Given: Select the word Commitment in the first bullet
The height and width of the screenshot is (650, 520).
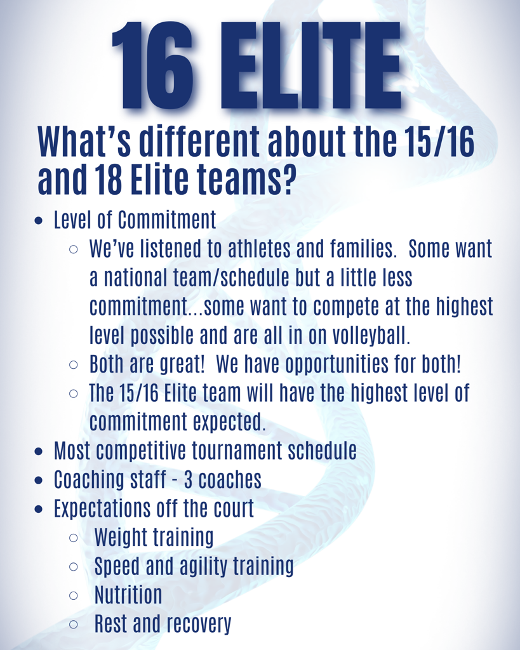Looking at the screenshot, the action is point(167,220).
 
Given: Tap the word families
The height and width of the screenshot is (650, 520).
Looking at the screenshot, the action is point(363,249).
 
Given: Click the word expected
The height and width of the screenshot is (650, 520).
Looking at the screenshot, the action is point(229,422).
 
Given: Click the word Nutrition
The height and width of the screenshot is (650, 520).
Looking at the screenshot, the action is point(128,595).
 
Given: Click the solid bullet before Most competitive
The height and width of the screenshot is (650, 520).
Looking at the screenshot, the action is point(39,451).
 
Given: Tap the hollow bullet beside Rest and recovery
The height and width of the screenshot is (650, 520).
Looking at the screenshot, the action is point(74,625).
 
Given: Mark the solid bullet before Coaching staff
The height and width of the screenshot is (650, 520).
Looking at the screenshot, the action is point(39,481).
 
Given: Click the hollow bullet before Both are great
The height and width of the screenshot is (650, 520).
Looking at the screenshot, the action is point(74,365).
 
